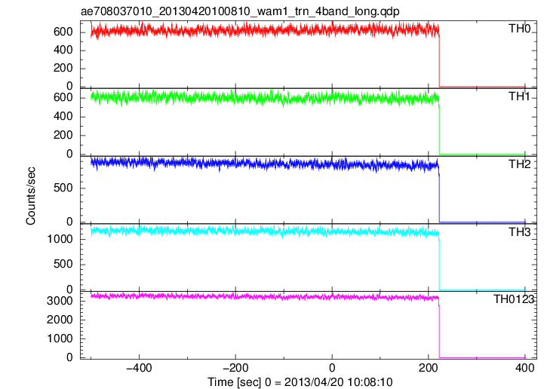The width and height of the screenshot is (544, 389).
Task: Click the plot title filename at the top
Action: coord(240,11)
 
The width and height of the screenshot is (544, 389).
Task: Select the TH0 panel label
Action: coord(519,29)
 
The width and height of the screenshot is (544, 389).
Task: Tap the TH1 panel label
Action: coord(519,96)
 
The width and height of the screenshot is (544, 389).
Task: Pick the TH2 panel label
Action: coord(519,164)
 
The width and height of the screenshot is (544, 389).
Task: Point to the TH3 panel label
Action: coord(519,231)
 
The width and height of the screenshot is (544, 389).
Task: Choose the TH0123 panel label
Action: coord(514,299)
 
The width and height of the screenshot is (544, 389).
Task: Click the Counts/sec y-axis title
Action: coord(30,196)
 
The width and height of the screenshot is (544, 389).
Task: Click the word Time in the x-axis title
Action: coord(220,382)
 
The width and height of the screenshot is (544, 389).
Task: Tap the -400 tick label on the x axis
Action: coord(139,368)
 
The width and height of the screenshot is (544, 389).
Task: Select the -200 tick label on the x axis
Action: coord(235,368)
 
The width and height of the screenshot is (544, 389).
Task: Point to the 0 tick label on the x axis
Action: coord(332,368)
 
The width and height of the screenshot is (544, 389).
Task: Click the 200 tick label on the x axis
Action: coord(428,368)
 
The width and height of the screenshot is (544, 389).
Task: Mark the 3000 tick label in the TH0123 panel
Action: coord(60,301)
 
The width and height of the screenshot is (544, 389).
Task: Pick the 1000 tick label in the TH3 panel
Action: coord(60,239)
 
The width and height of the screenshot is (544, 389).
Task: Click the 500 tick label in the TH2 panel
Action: coord(63,188)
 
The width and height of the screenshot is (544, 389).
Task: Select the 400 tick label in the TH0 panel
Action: coord(63,50)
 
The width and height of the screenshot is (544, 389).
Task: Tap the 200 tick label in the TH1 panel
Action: coord(63,135)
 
